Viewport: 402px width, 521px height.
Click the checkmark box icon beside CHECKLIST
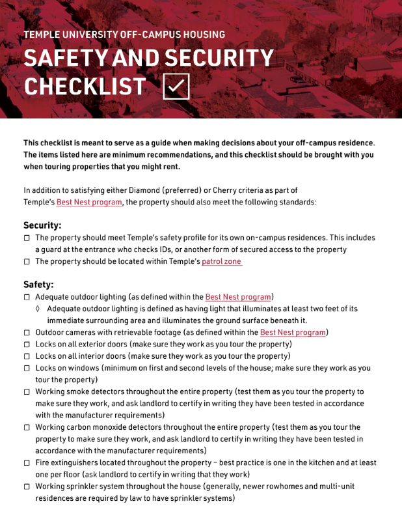coord(176,86)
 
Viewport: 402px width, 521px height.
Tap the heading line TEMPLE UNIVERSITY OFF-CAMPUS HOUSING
coord(124,35)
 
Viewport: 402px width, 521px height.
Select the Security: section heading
coord(42,225)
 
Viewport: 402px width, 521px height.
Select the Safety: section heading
coord(38,285)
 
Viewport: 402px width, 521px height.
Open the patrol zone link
coord(222,262)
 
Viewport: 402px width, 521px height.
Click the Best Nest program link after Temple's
coord(89,202)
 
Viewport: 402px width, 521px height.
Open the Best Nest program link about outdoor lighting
coord(238,297)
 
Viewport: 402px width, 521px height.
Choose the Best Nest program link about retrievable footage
coord(293,333)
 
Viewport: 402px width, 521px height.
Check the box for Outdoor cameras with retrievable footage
coord(27,333)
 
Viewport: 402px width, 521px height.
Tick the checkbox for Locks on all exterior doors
coord(27,345)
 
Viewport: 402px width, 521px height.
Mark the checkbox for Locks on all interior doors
coord(27,357)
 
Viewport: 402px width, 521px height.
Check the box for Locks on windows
coord(27,369)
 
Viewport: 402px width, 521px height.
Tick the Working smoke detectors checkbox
coord(27,393)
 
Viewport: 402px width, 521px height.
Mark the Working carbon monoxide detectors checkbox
coord(27,428)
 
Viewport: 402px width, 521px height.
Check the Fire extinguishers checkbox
coord(27,463)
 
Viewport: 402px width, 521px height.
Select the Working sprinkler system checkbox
coord(27,487)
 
